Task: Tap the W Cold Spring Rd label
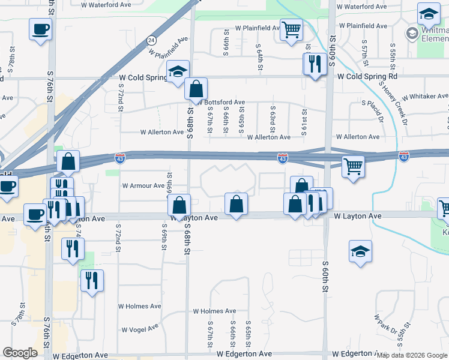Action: pos(367,77)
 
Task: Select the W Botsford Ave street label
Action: pos(220,103)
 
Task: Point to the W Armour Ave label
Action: pos(143,186)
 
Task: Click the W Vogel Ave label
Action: pos(140,329)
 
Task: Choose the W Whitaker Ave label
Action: pos(425,97)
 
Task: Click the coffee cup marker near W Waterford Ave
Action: pos(40,29)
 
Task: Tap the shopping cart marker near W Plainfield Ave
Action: pos(291,29)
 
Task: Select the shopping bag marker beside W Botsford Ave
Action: pos(196,89)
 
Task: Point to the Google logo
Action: pos(20,353)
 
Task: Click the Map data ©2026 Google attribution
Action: pos(412,355)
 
